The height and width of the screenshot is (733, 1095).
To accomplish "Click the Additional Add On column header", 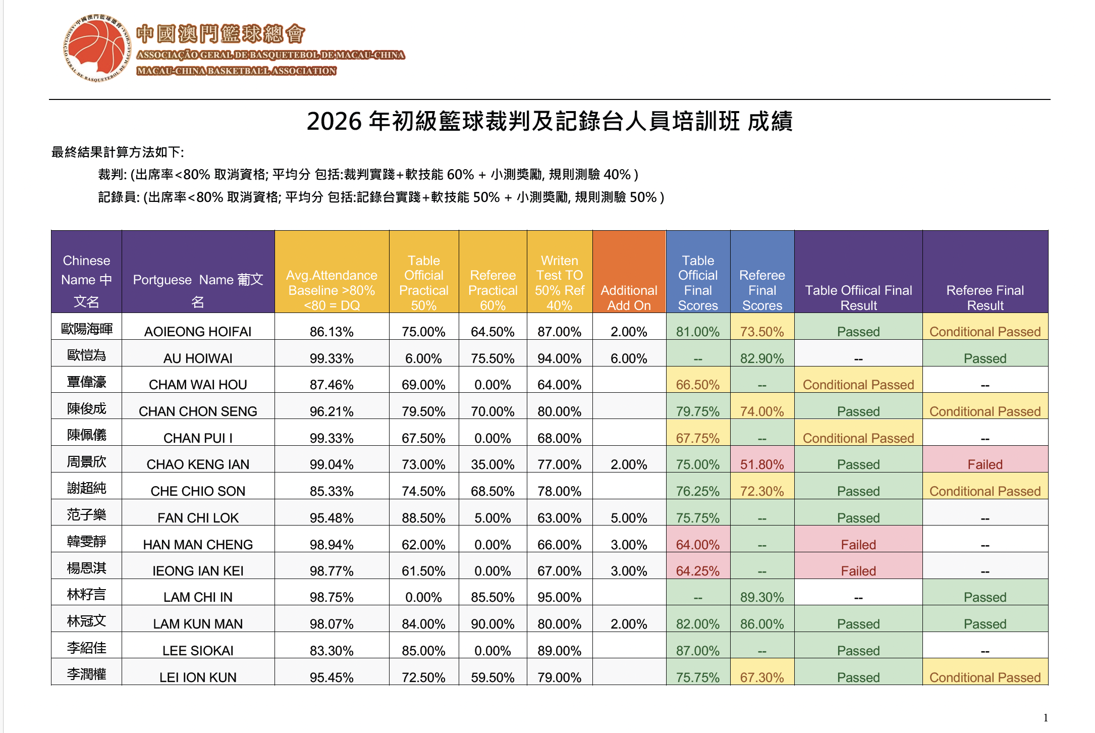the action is [x=629, y=297].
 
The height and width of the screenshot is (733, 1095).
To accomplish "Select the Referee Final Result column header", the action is [x=985, y=297].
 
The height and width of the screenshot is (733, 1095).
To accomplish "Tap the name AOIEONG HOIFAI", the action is [x=198, y=332].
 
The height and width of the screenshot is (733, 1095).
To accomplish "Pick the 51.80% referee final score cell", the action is [x=762, y=464].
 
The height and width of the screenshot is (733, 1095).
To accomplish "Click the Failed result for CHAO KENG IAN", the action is [x=985, y=464].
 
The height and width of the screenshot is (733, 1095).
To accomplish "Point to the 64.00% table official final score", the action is [x=698, y=545].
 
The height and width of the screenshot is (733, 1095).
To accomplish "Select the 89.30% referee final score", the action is [x=762, y=597].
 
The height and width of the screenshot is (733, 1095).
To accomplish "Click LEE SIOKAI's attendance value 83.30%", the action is [x=332, y=651].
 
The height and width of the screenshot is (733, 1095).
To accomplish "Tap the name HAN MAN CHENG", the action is [x=198, y=545].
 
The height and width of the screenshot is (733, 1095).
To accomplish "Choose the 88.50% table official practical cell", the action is [x=423, y=518].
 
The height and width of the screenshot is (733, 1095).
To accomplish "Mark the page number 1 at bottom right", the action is [x=1046, y=718].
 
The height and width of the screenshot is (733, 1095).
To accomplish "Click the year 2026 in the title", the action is [x=334, y=122].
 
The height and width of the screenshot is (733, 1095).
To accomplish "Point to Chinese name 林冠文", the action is [x=86, y=621].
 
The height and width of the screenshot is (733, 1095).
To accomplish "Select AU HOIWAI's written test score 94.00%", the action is [x=559, y=358].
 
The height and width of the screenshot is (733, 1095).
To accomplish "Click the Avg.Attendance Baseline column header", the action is [x=332, y=290].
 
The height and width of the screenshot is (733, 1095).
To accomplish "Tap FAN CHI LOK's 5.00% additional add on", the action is [x=629, y=518].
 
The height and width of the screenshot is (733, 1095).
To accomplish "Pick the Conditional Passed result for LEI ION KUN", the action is [x=985, y=677].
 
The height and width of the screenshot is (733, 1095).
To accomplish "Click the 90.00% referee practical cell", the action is [x=492, y=624].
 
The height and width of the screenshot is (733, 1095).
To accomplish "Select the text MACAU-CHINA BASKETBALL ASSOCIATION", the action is [x=236, y=71].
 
